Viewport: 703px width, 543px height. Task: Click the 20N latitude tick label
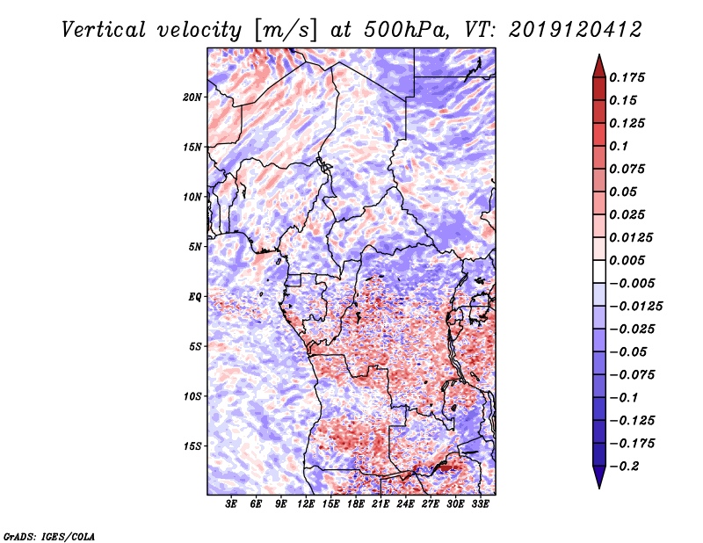pyautogui.click(x=193, y=97)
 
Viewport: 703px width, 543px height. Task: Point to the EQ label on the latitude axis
pyautogui.click(x=195, y=297)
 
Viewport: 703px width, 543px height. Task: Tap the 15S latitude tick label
pyautogui.click(x=193, y=446)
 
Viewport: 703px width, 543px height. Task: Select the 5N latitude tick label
pyautogui.click(x=195, y=247)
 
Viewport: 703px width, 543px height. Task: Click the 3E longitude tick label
pyautogui.click(x=232, y=504)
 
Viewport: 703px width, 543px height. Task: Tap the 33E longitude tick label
pyautogui.click(x=481, y=504)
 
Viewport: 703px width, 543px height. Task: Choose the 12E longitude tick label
pyautogui.click(x=307, y=504)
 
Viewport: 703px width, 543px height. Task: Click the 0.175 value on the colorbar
pyautogui.click(x=629, y=77)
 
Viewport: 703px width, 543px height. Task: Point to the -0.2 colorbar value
pyautogui.click(x=627, y=466)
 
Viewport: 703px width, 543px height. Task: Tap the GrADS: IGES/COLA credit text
pyautogui.click(x=48, y=535)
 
